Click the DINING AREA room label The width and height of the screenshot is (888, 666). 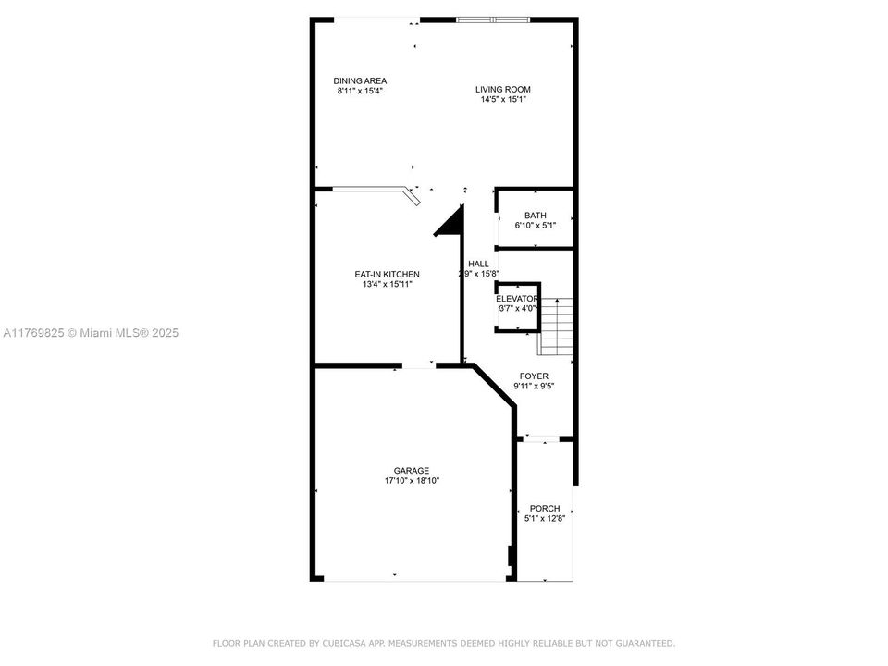point(360,80)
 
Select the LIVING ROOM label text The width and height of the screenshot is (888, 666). point(503,89)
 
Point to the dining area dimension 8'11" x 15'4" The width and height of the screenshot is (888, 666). point(360,91)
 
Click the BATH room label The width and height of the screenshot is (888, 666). point(535,216)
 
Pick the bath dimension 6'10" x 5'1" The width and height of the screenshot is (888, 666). point(535,226)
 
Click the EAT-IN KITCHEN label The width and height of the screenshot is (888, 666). point(388,274)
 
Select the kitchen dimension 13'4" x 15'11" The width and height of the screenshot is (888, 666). point(388,285)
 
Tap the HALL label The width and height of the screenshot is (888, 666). point(478,264)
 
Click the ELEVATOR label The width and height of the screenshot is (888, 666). point(516,299)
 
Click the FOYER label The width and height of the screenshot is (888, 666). point(534,376)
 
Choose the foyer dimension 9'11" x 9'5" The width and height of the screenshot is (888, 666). point(534,387)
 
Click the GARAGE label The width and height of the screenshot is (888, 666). point(412,470)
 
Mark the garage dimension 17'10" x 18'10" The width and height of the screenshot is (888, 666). point(412,481)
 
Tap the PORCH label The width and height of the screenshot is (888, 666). point(545,508)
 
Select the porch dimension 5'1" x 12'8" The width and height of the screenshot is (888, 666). point(545,519)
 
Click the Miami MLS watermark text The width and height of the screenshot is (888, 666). point(90,332)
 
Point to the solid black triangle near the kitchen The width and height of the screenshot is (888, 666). point(451,223)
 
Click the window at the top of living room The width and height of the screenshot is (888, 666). point(494,19)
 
